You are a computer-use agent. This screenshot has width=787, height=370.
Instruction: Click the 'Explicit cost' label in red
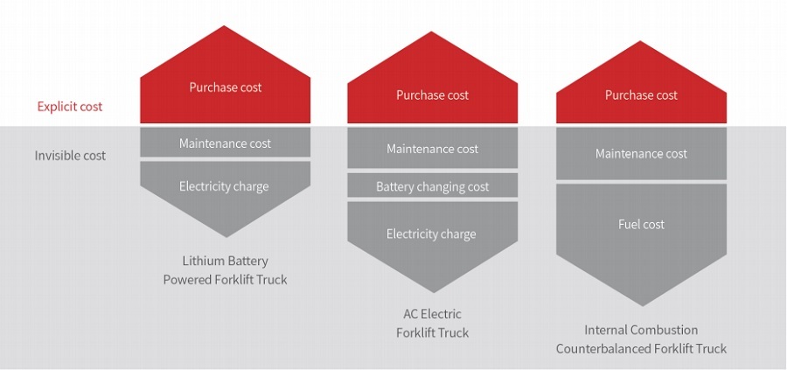point(70,107)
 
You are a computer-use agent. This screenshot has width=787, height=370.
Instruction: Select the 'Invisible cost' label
point(70,156)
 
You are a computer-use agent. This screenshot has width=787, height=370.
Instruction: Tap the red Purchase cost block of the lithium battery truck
point(226,88)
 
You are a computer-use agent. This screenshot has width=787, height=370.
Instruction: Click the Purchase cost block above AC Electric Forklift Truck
point(433,95)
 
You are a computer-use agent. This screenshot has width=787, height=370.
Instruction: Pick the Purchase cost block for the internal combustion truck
point(641,95)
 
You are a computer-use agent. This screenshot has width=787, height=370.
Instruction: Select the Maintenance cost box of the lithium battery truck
point(226,143)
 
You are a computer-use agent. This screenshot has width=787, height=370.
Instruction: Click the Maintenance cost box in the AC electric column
point(433,149)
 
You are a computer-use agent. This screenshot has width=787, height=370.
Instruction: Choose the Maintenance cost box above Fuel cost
point(641,154)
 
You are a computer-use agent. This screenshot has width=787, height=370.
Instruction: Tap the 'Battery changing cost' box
point(433,186)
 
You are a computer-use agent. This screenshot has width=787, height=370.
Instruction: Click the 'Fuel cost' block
point(641,225)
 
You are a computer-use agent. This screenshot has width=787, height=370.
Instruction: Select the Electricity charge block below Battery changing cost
point(433,234)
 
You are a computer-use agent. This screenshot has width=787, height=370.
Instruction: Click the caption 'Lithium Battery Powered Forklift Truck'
point(225,270)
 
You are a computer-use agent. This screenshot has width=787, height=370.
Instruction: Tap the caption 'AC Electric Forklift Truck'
point(433,324)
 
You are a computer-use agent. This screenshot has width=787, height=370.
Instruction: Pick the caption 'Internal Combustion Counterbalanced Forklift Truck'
point(641,339)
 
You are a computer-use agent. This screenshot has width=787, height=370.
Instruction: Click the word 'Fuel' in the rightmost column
point(630,225)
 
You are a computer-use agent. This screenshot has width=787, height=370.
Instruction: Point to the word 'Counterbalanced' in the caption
point(600,349)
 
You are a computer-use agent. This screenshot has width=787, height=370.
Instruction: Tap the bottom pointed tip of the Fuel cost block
point(641,304)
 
